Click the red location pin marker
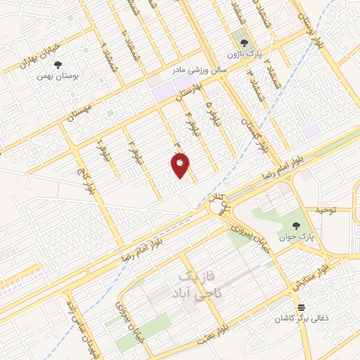tap(180, 165)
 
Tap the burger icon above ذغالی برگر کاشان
tap(301, 307)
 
